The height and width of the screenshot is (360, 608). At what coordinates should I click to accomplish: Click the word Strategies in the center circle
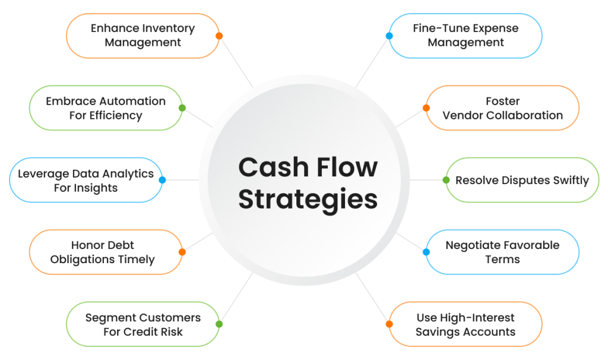coord(308,199)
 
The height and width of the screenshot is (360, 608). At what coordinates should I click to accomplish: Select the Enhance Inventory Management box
coord(142,36)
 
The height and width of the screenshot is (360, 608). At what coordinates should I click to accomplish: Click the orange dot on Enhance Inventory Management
coord(219,36)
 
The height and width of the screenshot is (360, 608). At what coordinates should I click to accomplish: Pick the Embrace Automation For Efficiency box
coord(106,108)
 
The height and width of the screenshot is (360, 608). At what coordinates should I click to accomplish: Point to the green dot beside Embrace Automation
coord(182,108)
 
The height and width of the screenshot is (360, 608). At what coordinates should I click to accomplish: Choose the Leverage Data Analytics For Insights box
coord(85,180)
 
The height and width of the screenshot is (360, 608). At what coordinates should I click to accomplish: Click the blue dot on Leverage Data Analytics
coord(162,180)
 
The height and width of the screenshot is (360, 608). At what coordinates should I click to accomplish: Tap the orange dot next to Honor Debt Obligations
coord(182,252)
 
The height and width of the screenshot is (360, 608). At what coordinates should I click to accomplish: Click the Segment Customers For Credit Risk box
coord(142,324)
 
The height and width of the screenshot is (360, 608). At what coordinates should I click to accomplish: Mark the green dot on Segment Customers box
coord(219,324)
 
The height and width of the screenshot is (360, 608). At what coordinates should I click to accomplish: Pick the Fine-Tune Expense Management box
coord(466,36)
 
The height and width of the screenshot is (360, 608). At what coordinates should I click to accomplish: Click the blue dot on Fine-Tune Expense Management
coord(389,36)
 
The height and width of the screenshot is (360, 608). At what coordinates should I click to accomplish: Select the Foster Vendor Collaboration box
coord(503,108)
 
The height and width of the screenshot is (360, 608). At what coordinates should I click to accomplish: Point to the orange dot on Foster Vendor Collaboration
coord(426,108)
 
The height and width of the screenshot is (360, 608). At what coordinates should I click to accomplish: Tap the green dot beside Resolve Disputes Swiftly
coord(446,180)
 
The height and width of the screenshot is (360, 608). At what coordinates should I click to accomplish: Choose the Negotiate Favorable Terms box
coord(503,252)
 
